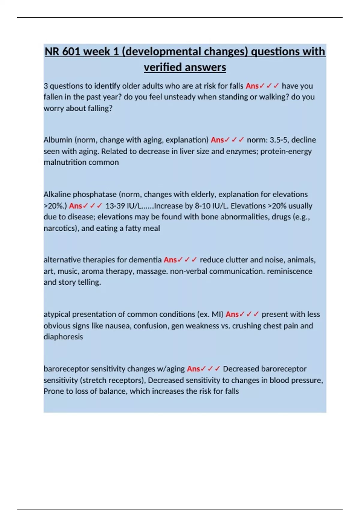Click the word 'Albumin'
tap(58, 140)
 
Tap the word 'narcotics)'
tap(61, 228)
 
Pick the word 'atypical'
tap(57, 314)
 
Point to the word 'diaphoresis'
tap(63, 337)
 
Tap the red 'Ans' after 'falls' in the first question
tap(252, 86)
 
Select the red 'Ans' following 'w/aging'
tap(193, 369)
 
